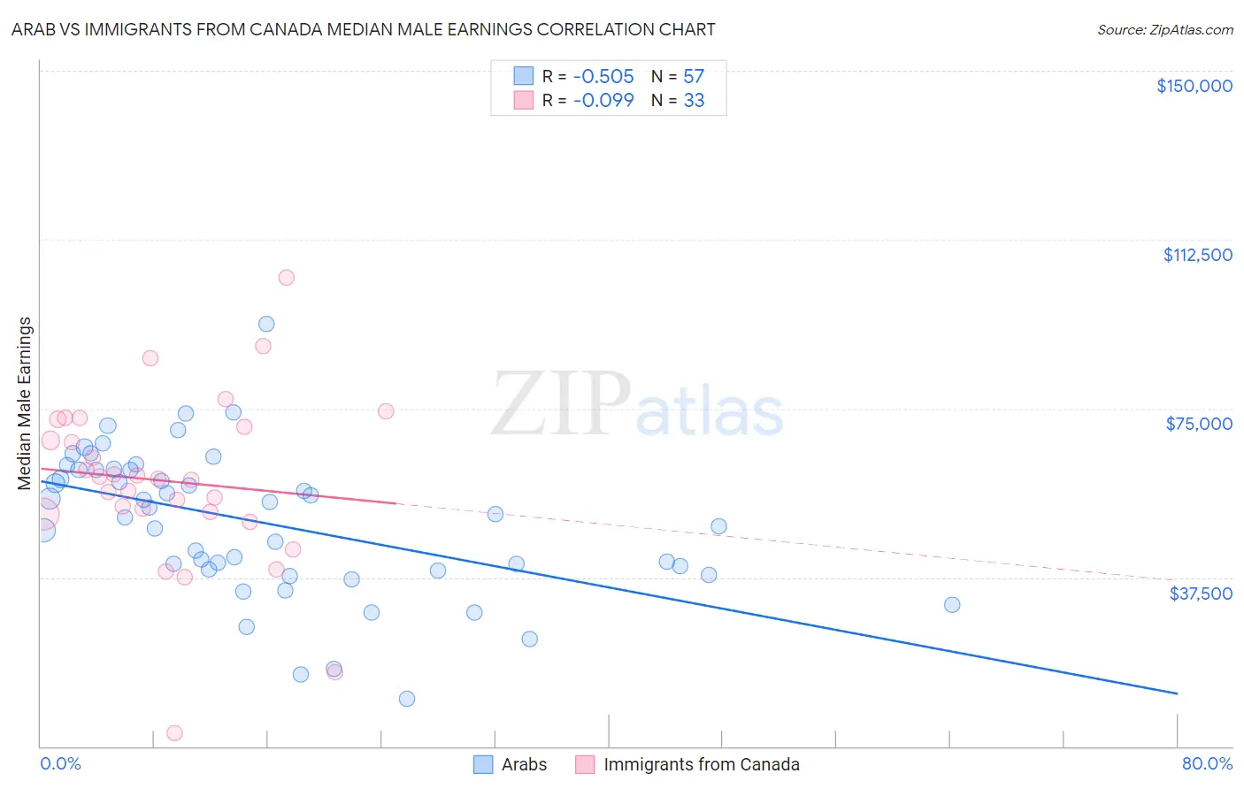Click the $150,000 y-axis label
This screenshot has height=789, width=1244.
tap(1194, 86)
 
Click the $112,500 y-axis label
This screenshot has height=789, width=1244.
tap(1197, 255)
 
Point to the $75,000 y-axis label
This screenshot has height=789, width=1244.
tap(1199, 424)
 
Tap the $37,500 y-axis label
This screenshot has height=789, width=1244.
tap(1201, 594)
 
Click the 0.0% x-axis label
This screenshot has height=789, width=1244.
tap(60, 763)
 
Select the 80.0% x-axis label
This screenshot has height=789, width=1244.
tap(1207, 763)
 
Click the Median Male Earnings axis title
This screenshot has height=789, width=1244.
tap(25, 403)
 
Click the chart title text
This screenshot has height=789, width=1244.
tap(363, 29)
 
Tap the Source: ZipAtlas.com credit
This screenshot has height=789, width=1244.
tap(1164, 30)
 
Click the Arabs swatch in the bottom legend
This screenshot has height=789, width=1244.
tap(483, 764)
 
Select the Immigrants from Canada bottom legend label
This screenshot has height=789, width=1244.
tap(701, 764)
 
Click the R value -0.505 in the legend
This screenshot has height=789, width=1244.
tap(603, 76)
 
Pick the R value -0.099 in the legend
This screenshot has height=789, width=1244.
tap(603, 100)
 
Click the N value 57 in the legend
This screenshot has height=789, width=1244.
tap(694, 76)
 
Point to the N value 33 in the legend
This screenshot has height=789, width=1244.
tap(694, 100)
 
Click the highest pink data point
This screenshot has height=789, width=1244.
tap(286, 278)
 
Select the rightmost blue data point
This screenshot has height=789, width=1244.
tap(952, 605)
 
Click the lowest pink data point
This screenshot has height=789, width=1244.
tap(174, 733)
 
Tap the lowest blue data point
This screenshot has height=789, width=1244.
tap(407, 699)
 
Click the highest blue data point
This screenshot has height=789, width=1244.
tap(266, 325)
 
